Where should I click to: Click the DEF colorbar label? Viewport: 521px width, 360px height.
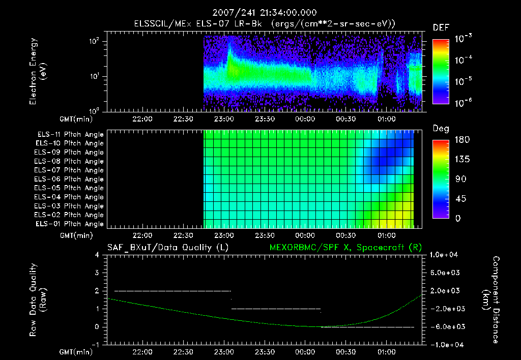(441, 28)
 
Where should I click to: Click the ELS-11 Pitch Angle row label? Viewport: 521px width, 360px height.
(70, 134)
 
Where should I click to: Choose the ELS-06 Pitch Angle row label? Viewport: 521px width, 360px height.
(70, 179)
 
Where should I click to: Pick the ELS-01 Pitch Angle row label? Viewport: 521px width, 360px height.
(70, 224)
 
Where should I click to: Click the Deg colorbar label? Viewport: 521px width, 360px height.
(441, 128)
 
